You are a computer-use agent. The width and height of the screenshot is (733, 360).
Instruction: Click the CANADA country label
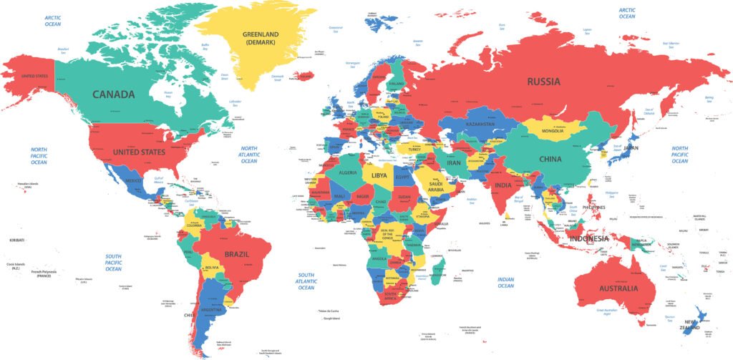[113, 94]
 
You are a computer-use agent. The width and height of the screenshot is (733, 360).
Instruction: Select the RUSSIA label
[543, 82]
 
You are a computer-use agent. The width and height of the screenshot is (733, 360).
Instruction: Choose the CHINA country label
[550, 159]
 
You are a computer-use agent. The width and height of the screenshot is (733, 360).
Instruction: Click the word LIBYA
[379, 175]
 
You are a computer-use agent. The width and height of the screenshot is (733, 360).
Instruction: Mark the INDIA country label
[503, 186]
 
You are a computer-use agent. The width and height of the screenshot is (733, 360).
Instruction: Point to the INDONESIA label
[588, 238]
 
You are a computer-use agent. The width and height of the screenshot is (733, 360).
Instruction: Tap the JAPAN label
[631, 148]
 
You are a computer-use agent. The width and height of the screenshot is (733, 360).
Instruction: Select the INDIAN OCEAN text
[505, 282]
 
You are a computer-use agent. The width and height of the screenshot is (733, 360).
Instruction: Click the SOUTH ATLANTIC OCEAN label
[306, 281]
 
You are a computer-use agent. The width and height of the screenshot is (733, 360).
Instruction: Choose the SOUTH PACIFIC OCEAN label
[113, 263]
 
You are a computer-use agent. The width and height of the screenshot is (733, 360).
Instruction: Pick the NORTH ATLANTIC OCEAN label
[248, 155]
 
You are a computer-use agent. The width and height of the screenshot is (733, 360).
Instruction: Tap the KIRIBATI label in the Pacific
[16, 240]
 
